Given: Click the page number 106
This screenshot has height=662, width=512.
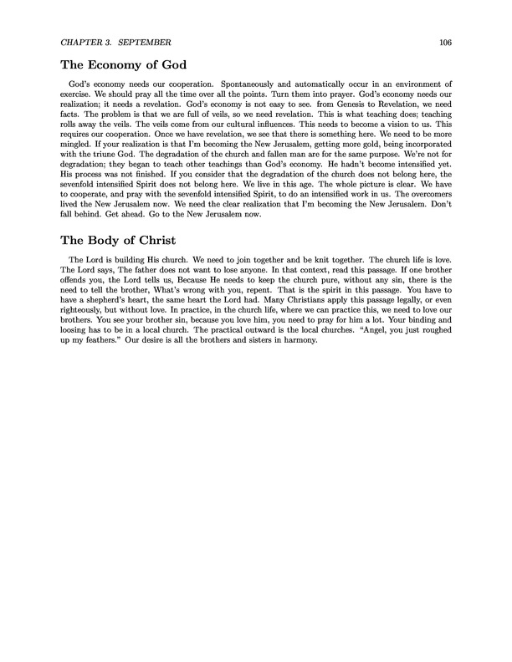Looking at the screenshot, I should click(x=444, y=42).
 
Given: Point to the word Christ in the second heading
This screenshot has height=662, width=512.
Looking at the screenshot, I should click(x=160, y=236).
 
